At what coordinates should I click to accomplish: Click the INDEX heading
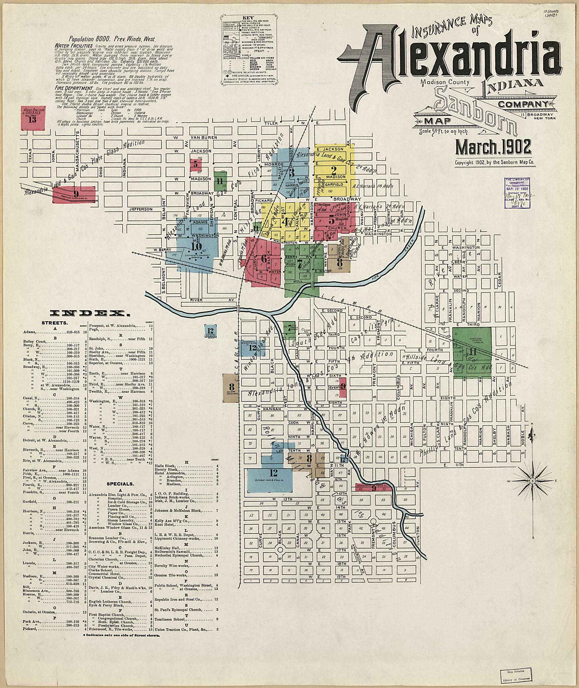[x=88, y=314]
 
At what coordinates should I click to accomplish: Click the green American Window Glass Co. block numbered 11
[x=472, y=352]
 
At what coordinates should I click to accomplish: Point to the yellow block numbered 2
[x=334, y=170]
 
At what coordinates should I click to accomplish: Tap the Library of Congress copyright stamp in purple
[x=517, y=193]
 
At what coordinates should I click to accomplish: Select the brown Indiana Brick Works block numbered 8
[x=232, y=388]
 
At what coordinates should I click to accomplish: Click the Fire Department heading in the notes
[x=75, y=88]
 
